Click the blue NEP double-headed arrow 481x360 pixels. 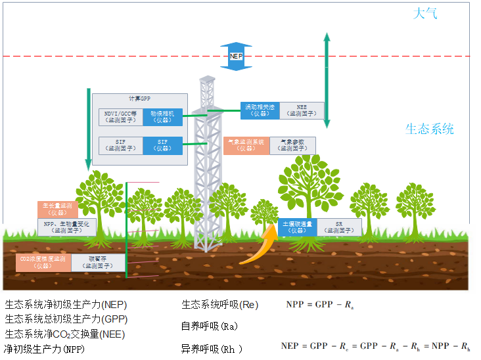pos(236,56)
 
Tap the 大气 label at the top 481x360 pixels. pos(424,14)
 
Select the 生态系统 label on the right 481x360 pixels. pos(430,129)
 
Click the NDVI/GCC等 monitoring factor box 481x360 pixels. pos(120,116)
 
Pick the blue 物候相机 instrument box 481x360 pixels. pos(162,116)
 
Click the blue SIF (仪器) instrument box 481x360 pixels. pos(162,145)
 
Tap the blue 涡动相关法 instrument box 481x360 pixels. pos(260,110)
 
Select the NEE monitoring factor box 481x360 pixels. pos(302,110)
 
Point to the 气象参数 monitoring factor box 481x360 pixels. pos(292,145)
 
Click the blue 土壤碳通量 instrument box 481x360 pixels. pos(298,227)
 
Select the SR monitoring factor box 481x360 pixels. pos(339,227)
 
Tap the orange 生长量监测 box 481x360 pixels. pos(58,209)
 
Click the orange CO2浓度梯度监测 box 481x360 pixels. pos(43,262)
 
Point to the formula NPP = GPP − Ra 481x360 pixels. pos(320,305)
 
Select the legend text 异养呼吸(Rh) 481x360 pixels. pos(212,349)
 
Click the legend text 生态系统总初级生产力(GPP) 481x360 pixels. pos(66,319)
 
